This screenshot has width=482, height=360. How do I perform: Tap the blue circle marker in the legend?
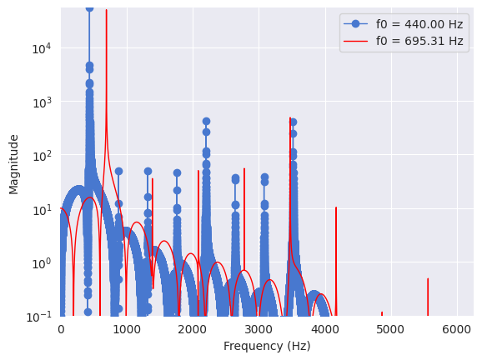click(355, 23)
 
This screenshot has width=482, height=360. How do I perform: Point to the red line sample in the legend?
click(355, 41)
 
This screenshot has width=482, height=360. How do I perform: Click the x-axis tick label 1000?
click(127, 330)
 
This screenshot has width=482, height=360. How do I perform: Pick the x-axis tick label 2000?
click(193, 330)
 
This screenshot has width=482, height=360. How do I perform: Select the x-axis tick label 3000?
click(259, 330)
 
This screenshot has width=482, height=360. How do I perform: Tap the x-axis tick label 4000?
click(325, 330)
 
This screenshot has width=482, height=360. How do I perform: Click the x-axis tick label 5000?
click(391, 330)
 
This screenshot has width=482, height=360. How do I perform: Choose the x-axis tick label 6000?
click(457, 330)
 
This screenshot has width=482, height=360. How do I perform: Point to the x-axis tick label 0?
click(61, 330)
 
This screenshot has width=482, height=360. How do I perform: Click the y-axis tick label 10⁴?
click(42, 48)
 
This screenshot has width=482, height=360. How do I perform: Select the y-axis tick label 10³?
click(42, 102)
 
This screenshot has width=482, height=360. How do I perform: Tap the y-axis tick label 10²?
click(42, 156)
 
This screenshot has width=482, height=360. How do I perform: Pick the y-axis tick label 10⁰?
click(42, 263)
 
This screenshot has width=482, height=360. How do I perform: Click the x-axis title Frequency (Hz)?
click(267, 346)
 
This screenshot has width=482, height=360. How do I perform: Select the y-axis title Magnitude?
click(13, 164)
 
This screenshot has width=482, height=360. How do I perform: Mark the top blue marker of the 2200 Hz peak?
click(206, 122)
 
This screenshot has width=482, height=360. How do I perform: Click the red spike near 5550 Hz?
click(428, 297)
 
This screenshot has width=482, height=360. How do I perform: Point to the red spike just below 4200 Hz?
click(336, 262)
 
